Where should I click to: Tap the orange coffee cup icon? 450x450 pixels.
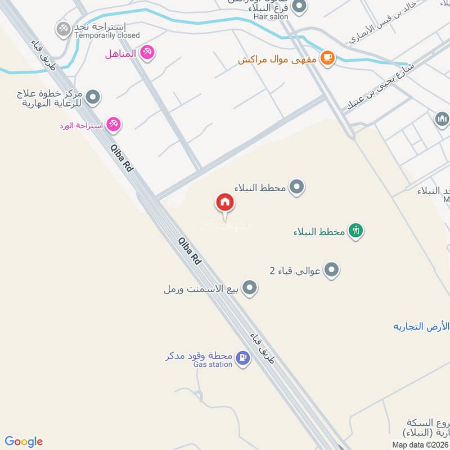[327, 57]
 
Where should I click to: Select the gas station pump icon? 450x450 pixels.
[242, 358]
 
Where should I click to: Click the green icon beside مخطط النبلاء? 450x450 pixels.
[355, 231]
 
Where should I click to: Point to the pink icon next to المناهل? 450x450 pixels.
[148, 53]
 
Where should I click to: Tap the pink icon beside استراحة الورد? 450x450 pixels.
[114, 125]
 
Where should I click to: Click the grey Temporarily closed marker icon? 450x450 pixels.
[63, 28]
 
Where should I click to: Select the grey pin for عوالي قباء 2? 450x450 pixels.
[332, 271]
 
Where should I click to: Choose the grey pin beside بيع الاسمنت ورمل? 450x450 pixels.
[250, 289]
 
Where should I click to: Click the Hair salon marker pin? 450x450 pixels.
[300, 7]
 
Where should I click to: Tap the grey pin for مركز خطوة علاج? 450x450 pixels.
[93, 97]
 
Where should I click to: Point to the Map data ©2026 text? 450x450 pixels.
[420, 444]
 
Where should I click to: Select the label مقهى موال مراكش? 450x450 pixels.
[277, 60]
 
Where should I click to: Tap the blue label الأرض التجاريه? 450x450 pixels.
[421, 326]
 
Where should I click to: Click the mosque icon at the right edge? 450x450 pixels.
[442, 119]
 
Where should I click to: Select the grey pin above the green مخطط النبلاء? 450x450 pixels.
[298, 187]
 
